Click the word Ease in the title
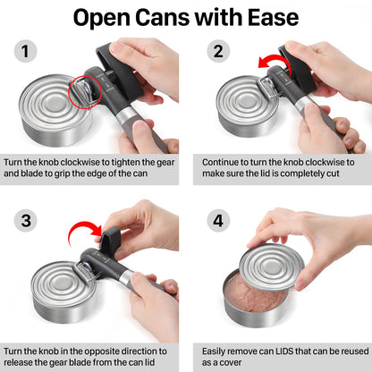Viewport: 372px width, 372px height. click(x=270, y=17)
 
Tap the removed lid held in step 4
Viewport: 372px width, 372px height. click(x=286, y=268)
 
